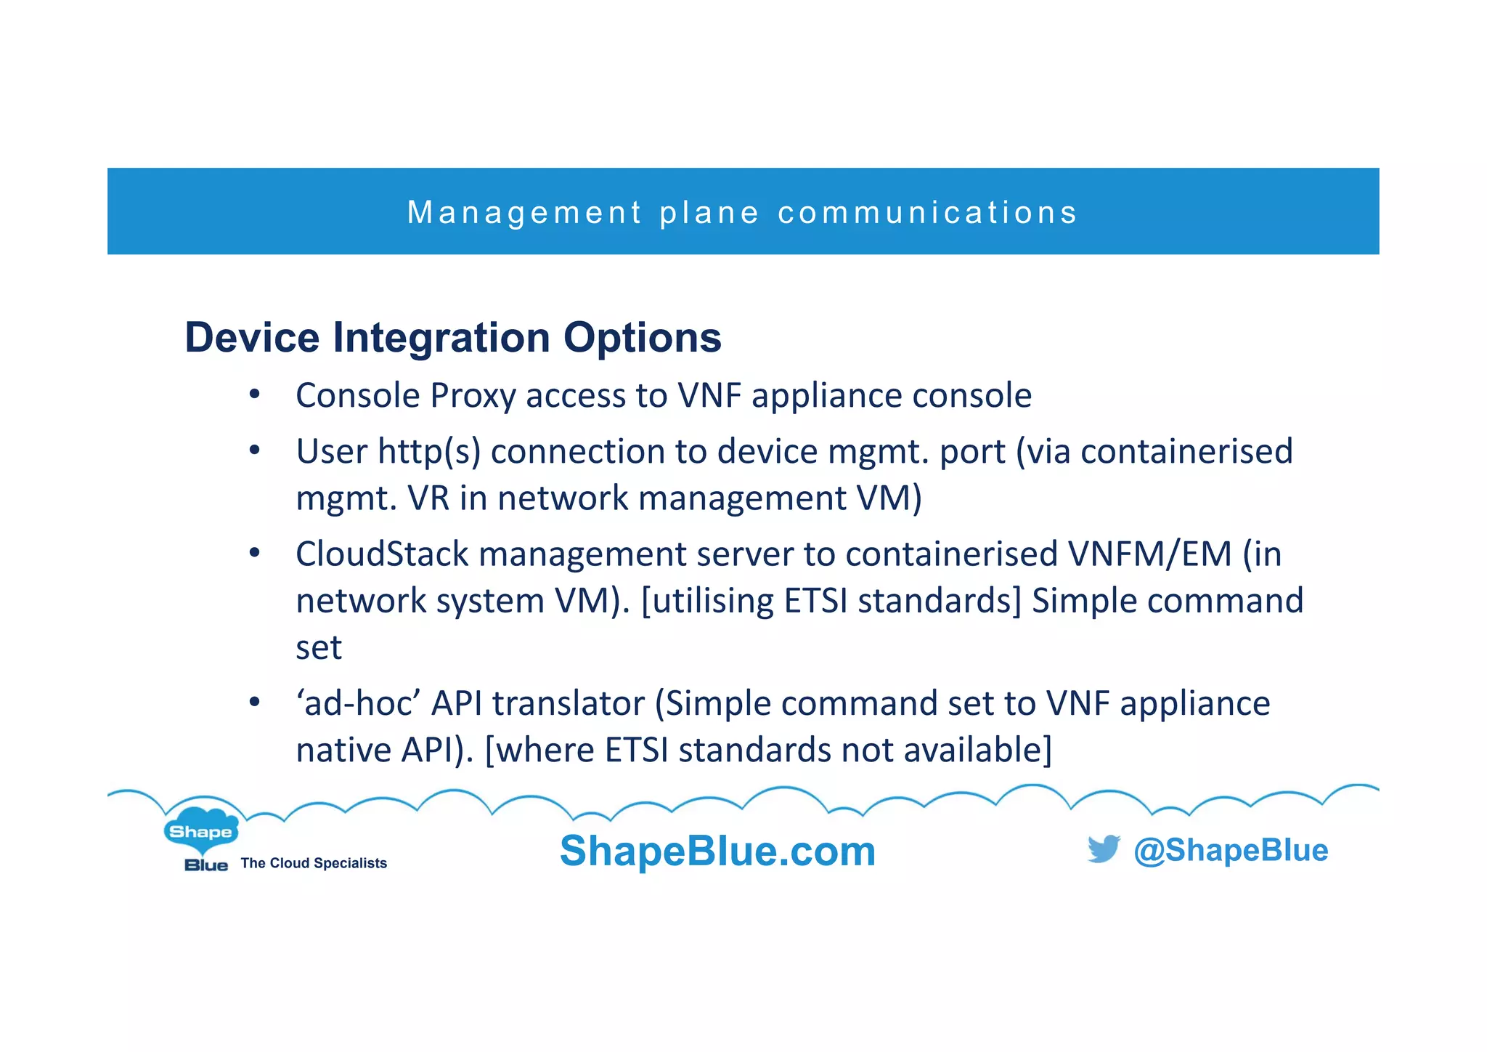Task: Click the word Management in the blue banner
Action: click(524, 213)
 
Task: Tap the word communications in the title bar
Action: click(927, 213)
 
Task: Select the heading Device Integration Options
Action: click(453, 338)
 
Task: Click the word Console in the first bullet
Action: click(358, 397)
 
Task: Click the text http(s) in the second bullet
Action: click(429, 452)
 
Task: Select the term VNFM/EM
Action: click(1150, 554)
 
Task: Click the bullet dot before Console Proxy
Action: click(254, 395)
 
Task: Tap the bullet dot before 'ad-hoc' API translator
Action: click(254, 703)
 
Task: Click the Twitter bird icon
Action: click(1104, 849)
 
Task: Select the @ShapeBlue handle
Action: click(1231, 850)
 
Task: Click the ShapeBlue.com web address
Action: click(717, 851)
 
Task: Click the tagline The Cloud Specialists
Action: click(314, 863)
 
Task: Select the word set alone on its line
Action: click(319, 647)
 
